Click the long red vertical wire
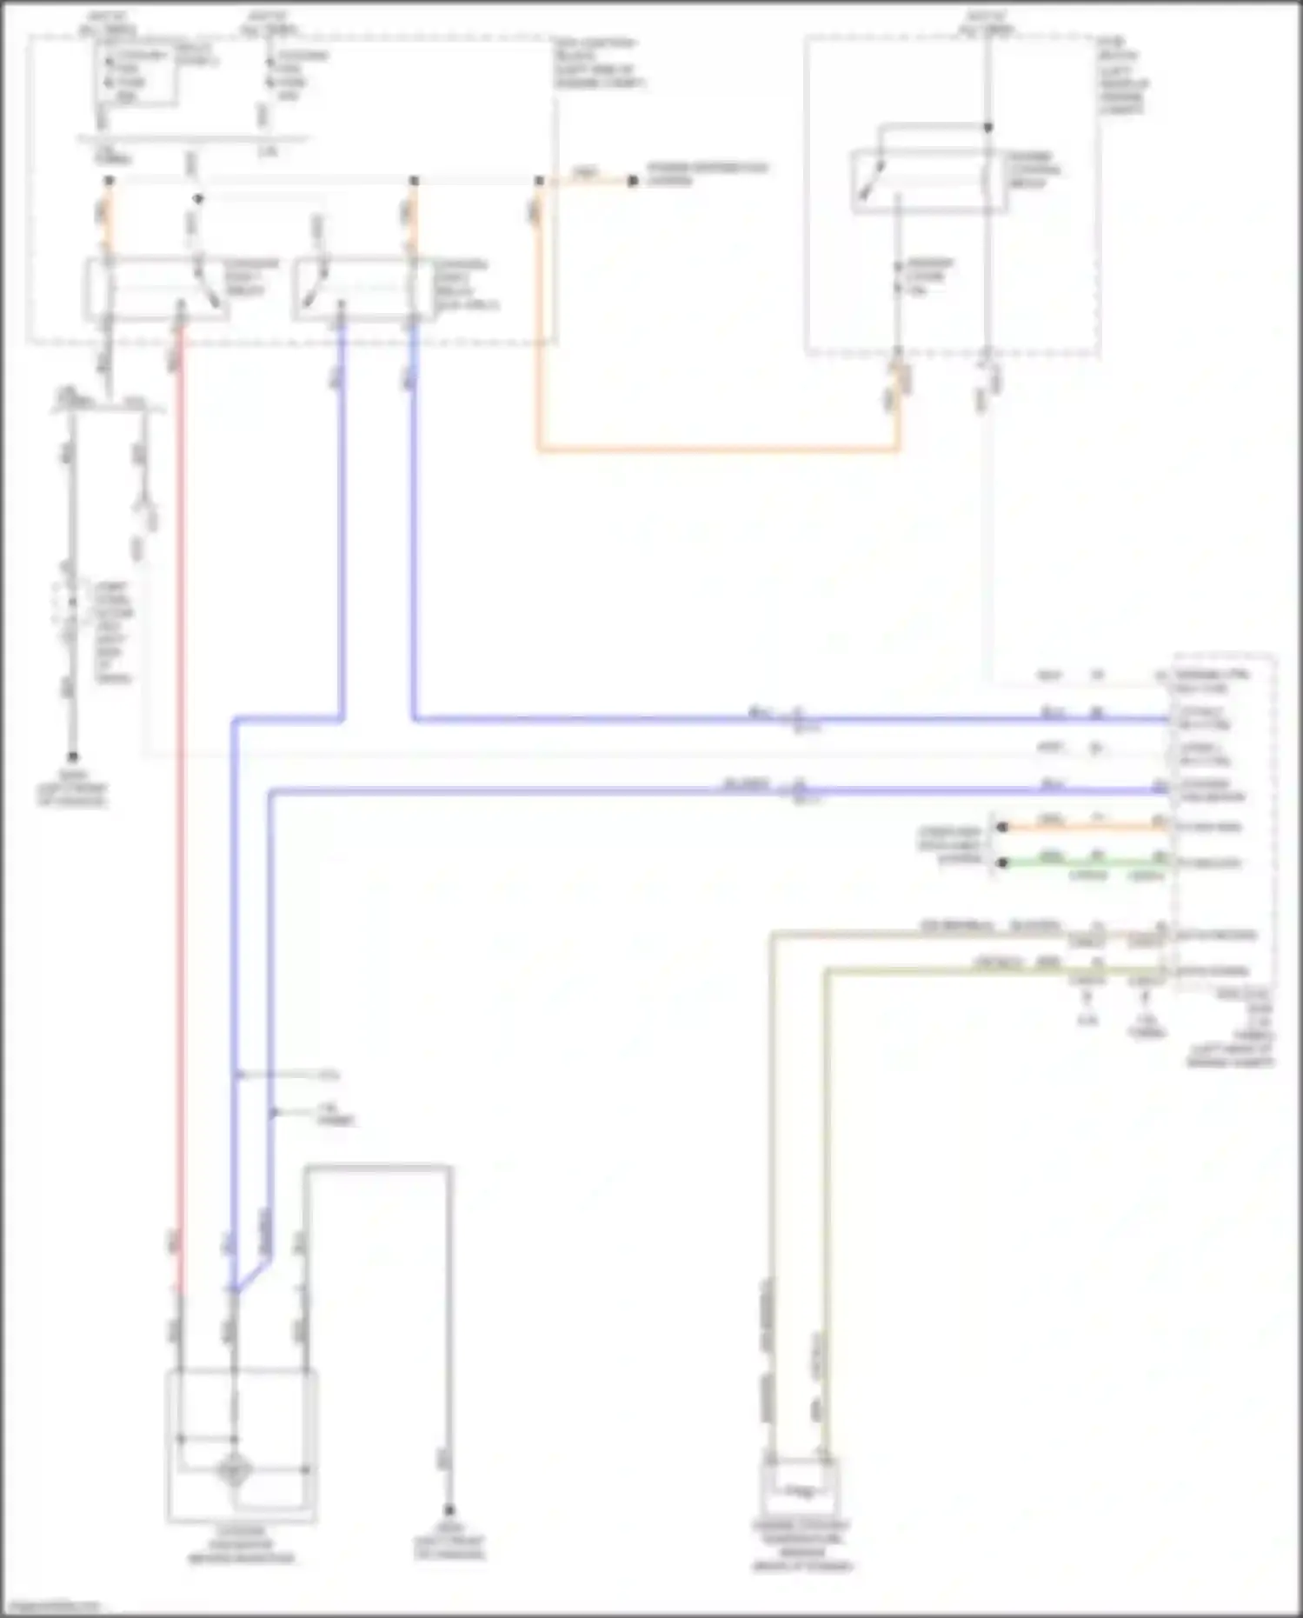click(x=181, y=782)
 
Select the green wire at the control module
click(x=1087, y=862)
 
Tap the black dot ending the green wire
click(x=1003, y=862)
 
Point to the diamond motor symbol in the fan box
click(x=234, y=1470)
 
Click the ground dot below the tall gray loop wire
click(x=449, y=1511)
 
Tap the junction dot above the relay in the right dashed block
click(x=987, y=127)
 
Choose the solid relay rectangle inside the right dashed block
click(x=928, y=181)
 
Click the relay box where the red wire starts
click(x=156, y=290)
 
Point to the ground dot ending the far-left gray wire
click(x=73, y=756)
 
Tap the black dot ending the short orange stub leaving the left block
click(x=633, y=181)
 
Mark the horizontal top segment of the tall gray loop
click(x=377, y=1168)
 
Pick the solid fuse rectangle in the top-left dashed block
click(x=137, y=75)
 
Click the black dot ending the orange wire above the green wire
click(x=1003, y=827)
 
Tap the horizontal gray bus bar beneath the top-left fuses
click(x=191, y=138)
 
